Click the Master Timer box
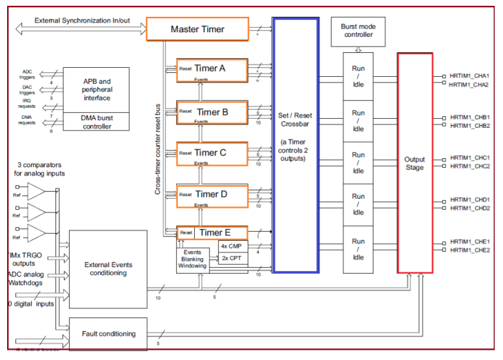197,30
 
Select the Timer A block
212,70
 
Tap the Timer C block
212,154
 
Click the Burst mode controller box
357,31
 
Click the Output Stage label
415,163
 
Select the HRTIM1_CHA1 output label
469,76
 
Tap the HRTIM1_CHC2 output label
469,166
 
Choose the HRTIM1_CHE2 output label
469,250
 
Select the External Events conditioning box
108,268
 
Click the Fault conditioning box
108,334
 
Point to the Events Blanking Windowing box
192,259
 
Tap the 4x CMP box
230,246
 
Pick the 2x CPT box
230,257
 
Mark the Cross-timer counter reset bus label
158,148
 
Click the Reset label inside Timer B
186,112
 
